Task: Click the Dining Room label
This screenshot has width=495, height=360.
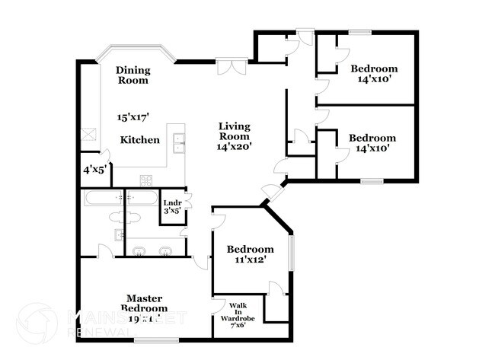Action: (133, 75)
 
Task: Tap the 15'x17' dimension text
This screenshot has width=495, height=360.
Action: (133, 117)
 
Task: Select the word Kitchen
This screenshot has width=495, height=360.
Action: (140, 140)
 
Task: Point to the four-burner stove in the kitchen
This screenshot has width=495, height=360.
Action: (145, 180)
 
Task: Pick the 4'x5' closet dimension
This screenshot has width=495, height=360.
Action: (94, 170)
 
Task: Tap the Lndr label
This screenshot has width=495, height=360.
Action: (172, 202)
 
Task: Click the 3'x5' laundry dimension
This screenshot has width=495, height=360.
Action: (172, 212)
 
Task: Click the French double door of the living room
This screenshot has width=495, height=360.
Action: (230, 68)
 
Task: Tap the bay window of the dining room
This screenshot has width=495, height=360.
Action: (136, 49)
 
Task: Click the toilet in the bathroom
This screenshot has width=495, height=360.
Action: (131, 218)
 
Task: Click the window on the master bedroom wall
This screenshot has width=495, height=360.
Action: (156, 339)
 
